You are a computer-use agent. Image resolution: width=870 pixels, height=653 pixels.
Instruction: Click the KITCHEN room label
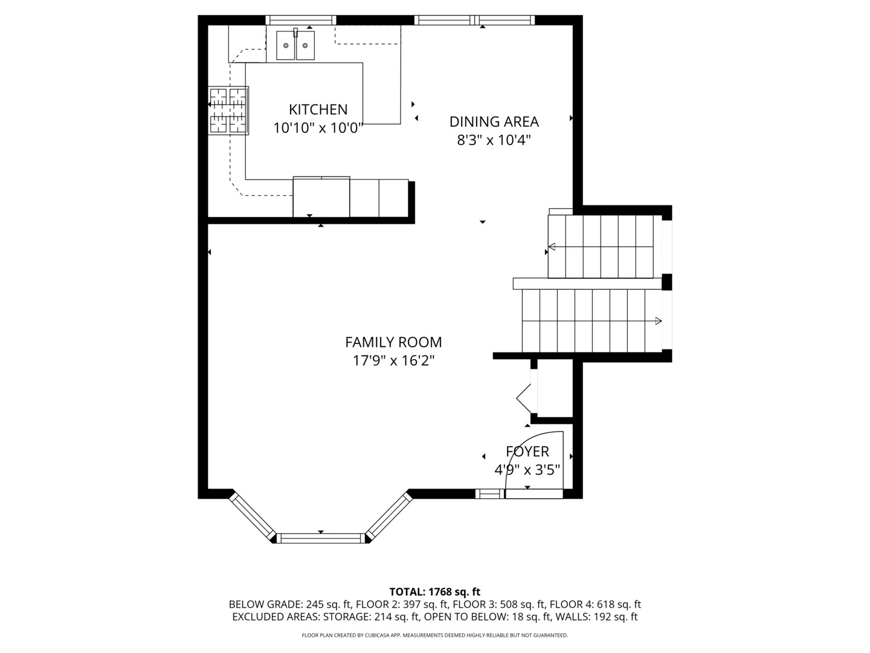(x=318, y=109)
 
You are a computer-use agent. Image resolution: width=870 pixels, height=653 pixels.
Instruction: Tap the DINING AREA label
(x=494, y=122)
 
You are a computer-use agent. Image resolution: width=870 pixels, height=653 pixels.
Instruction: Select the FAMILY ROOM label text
(x=393, y=342)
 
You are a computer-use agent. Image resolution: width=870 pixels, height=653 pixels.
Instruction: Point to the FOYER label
(x=527, y=451)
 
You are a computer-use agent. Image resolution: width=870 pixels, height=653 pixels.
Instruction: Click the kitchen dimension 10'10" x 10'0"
(x=318, y=128)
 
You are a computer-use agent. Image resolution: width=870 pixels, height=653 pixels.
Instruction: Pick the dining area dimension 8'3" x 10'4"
(x=494, y=140)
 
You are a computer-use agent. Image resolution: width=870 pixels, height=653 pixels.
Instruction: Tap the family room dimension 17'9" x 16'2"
(x=393, y=360)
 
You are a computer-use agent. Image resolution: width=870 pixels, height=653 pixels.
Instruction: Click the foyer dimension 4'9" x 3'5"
(x=527, y=470)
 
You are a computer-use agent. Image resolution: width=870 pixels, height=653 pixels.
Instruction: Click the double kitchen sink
(x=295, y=45)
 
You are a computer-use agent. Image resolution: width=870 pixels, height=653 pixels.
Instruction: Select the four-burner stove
(x=228, y=111)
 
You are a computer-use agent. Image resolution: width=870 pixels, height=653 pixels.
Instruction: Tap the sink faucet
(x=295, y=33)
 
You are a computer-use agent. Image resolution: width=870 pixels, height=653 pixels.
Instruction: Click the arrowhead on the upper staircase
(x=552, y=247)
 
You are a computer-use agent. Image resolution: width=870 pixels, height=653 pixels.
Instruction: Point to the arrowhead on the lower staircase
(x=659, y=320)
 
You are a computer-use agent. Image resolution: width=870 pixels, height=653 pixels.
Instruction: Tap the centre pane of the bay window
(x=320, y=538)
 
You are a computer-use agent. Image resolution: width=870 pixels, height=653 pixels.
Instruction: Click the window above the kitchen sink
(x=300, y=20)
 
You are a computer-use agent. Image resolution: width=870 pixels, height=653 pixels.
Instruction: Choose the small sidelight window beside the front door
(x=489, y=493)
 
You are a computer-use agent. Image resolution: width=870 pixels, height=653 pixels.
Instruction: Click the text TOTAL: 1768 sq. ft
(x=435, y=592)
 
